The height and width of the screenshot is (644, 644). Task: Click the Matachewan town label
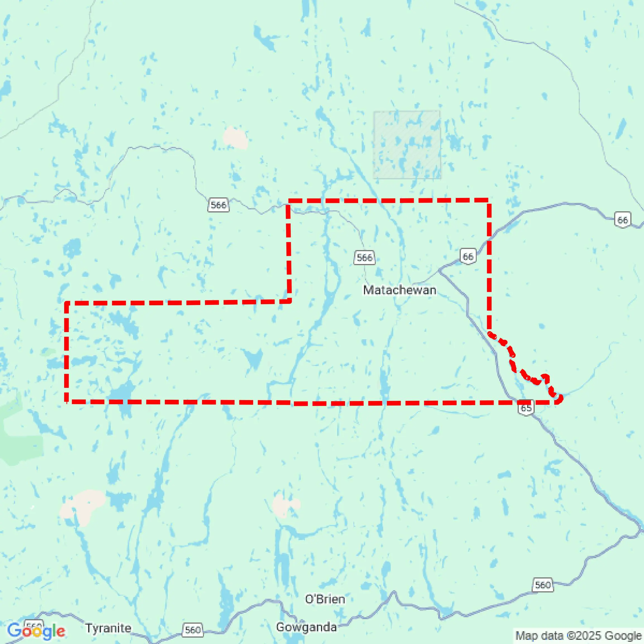400,290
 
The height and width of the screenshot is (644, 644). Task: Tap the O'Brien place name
325,599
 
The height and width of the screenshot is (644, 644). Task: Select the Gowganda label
306,627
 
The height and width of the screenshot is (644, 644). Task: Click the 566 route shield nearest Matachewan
364,257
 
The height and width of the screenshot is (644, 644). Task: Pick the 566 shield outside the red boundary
218,205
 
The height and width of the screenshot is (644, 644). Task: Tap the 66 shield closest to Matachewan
468,256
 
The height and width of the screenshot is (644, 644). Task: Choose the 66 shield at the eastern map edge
622,220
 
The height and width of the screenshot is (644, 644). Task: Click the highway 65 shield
526,408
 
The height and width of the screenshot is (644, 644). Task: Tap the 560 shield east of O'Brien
542,585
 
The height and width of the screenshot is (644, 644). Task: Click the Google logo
36,631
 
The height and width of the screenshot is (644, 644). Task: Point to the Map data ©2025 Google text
579,635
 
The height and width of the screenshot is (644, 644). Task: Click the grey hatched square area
407,145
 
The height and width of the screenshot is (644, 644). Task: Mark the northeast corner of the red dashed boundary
489,201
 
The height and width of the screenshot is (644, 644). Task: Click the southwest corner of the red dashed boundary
67,401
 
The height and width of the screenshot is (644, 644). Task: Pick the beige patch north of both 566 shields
235,137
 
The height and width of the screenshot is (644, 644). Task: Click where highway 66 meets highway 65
440,270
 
